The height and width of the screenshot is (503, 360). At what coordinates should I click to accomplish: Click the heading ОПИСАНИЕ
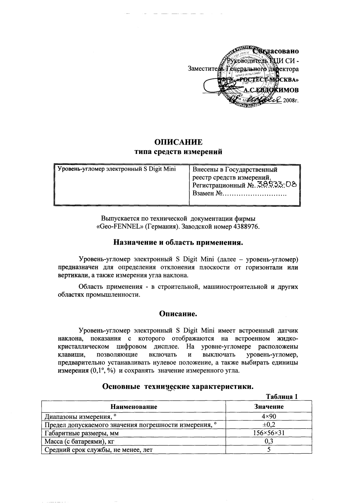tap(178, 142)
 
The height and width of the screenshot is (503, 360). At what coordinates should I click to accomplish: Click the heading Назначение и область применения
tap(178, 243)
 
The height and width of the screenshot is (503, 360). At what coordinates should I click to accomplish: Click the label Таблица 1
tap(282, 397)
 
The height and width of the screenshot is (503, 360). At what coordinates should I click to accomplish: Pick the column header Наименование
tap(134, 407)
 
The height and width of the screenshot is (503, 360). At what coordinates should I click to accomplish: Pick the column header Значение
tap(269, 407)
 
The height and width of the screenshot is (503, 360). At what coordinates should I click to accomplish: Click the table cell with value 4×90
tap(269, 417)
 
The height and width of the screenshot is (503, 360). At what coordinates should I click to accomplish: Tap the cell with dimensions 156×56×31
tap(269, 433)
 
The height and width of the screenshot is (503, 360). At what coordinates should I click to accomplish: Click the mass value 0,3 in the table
tap(269, 441)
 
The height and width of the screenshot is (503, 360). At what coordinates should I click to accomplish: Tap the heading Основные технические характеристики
tap(178, 387)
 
